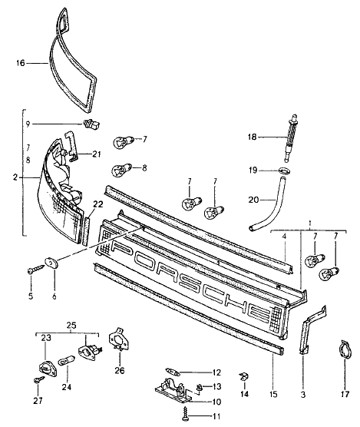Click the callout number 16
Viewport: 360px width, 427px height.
coord(21,63)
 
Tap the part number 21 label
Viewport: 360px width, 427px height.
coord(96,154)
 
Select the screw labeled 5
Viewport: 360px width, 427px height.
coord(36,269)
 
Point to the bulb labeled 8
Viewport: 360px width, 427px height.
coord(121,170)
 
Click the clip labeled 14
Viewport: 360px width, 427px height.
coord(244,376)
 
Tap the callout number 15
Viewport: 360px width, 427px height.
coord(273,394)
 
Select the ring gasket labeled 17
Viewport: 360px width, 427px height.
coord(345,351)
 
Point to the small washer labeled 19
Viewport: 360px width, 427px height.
coord(284,171)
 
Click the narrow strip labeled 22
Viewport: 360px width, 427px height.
coord(85,230)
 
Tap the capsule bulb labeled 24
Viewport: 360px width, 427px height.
coord(66,360)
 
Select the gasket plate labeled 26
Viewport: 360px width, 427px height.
coord(119,339)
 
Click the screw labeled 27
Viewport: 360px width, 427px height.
coord(39,379)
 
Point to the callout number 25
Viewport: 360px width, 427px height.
coord(71,326)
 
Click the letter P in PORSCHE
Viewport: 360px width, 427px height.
coord(120,248)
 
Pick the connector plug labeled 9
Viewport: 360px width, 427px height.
coord(91,124)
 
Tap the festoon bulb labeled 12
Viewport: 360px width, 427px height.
coord(172,372)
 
